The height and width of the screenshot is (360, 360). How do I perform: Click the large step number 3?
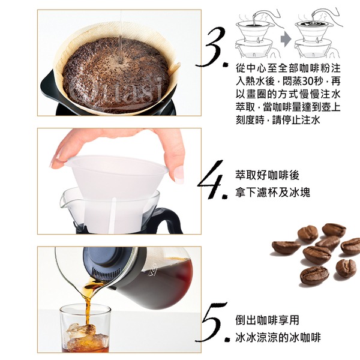tap(212, 47)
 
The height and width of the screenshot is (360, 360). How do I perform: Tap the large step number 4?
tap(212, 179)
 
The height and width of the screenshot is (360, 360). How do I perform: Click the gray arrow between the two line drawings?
tap(286, 38)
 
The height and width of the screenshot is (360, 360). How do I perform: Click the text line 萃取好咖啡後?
tap(267, 175)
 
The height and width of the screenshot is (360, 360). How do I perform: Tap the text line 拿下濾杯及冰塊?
tap(272, 193)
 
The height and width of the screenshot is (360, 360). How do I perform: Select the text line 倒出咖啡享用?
tap(267, 320)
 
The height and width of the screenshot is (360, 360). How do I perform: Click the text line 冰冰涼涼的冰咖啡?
tap(278, 337)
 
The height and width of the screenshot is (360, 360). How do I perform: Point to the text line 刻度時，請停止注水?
tap(278, 120)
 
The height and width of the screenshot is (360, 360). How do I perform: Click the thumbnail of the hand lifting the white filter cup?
tap(119, 181)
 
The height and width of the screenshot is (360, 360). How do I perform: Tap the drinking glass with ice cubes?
tap(85, 329)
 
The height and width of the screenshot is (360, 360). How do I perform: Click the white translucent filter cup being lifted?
tap(115, 184)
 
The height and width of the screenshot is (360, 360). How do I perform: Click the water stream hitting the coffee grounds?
tap(120, 37)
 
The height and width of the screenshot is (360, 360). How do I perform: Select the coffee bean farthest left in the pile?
tap(286, 247)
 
